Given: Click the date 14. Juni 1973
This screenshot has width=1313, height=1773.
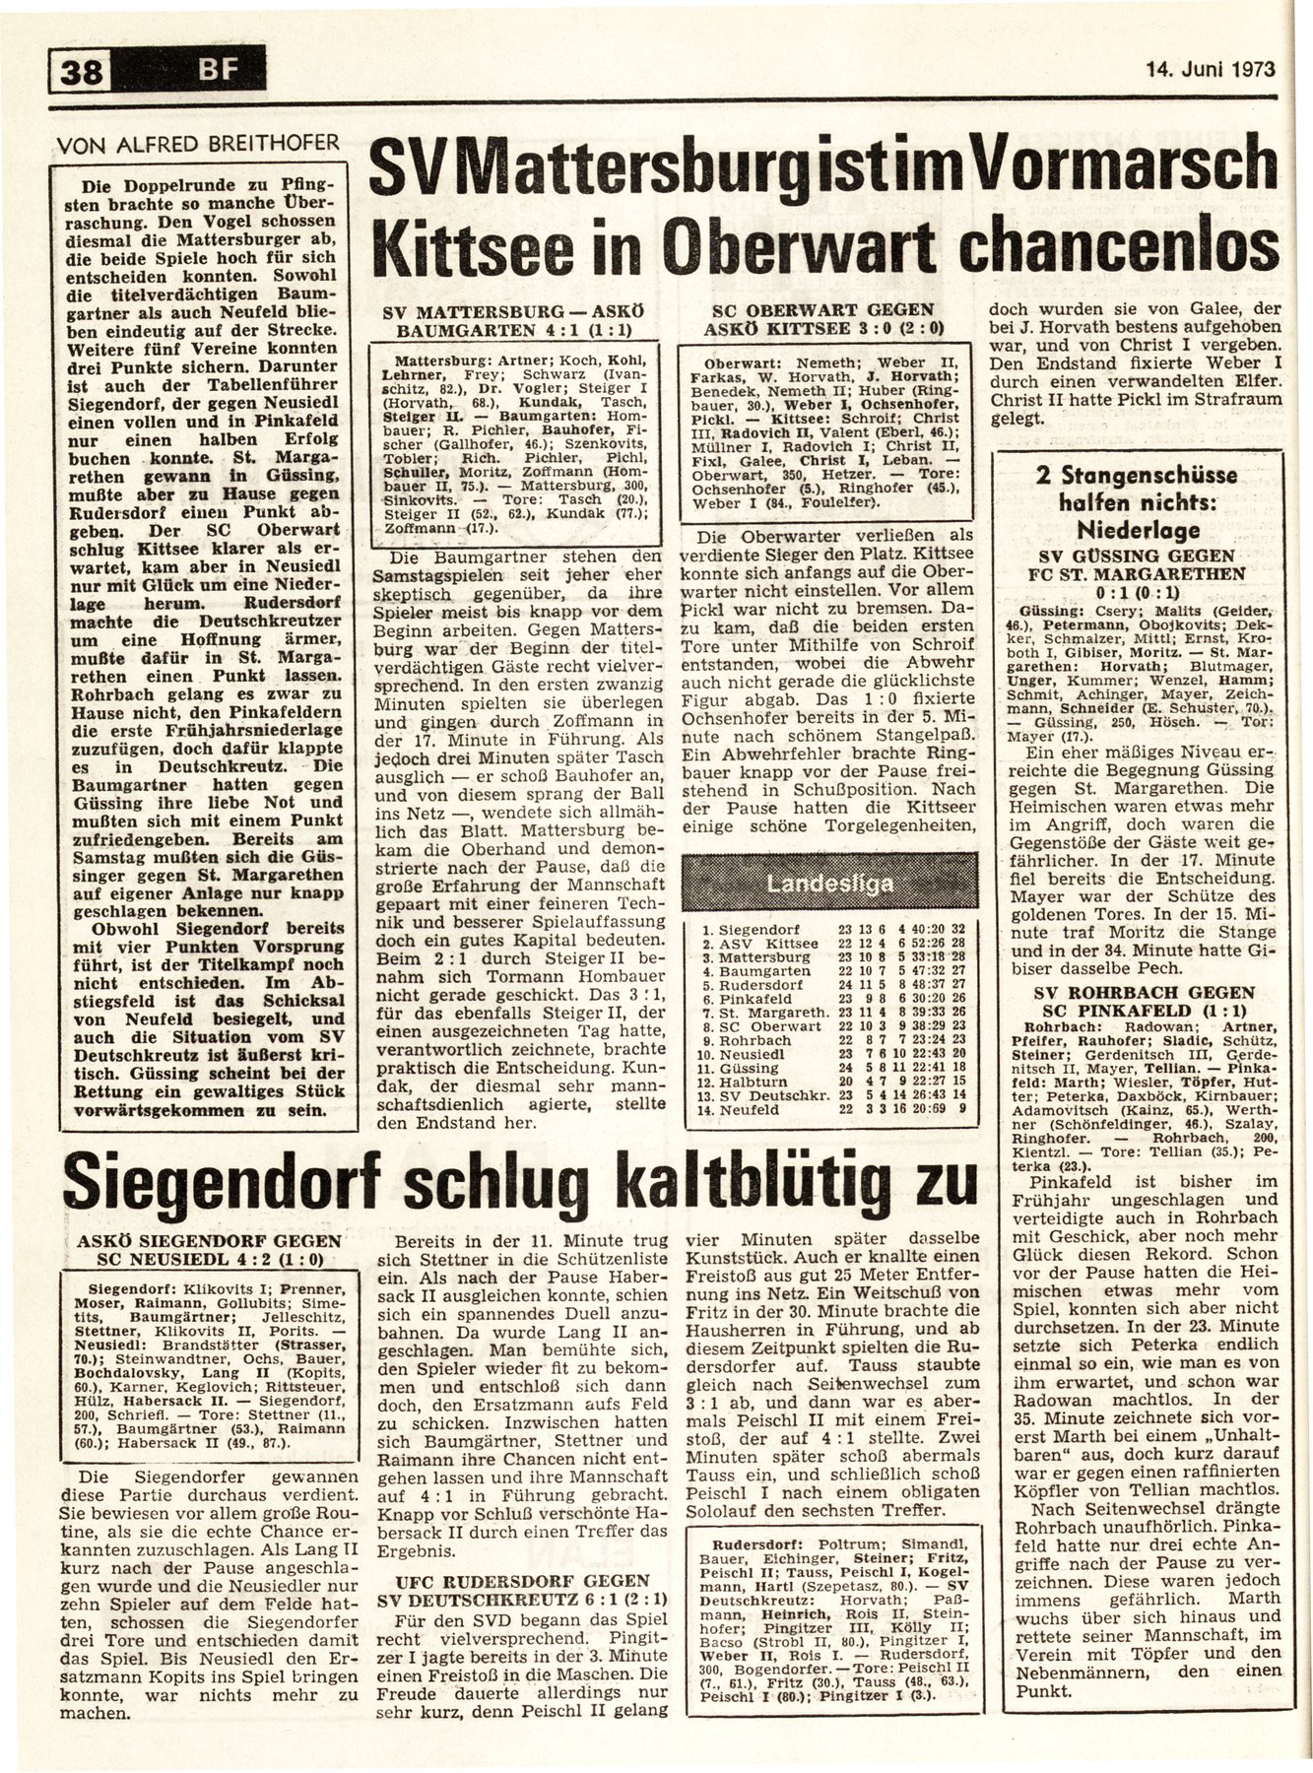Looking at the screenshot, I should [1211, 70].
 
